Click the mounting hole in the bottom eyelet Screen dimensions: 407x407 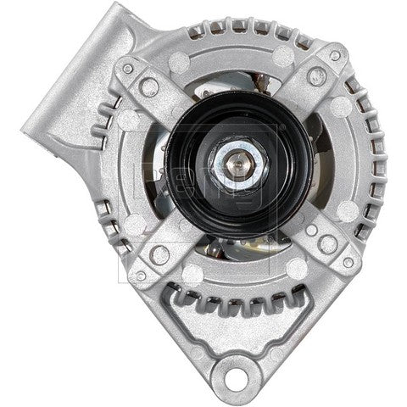(x=232, y=373)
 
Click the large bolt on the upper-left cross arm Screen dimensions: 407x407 (x=150, y=86)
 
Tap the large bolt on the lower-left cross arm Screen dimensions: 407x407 (x=159, y=253)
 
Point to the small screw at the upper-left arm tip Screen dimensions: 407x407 (x=127, y=68)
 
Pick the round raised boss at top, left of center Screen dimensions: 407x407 (x=180, y=61)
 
